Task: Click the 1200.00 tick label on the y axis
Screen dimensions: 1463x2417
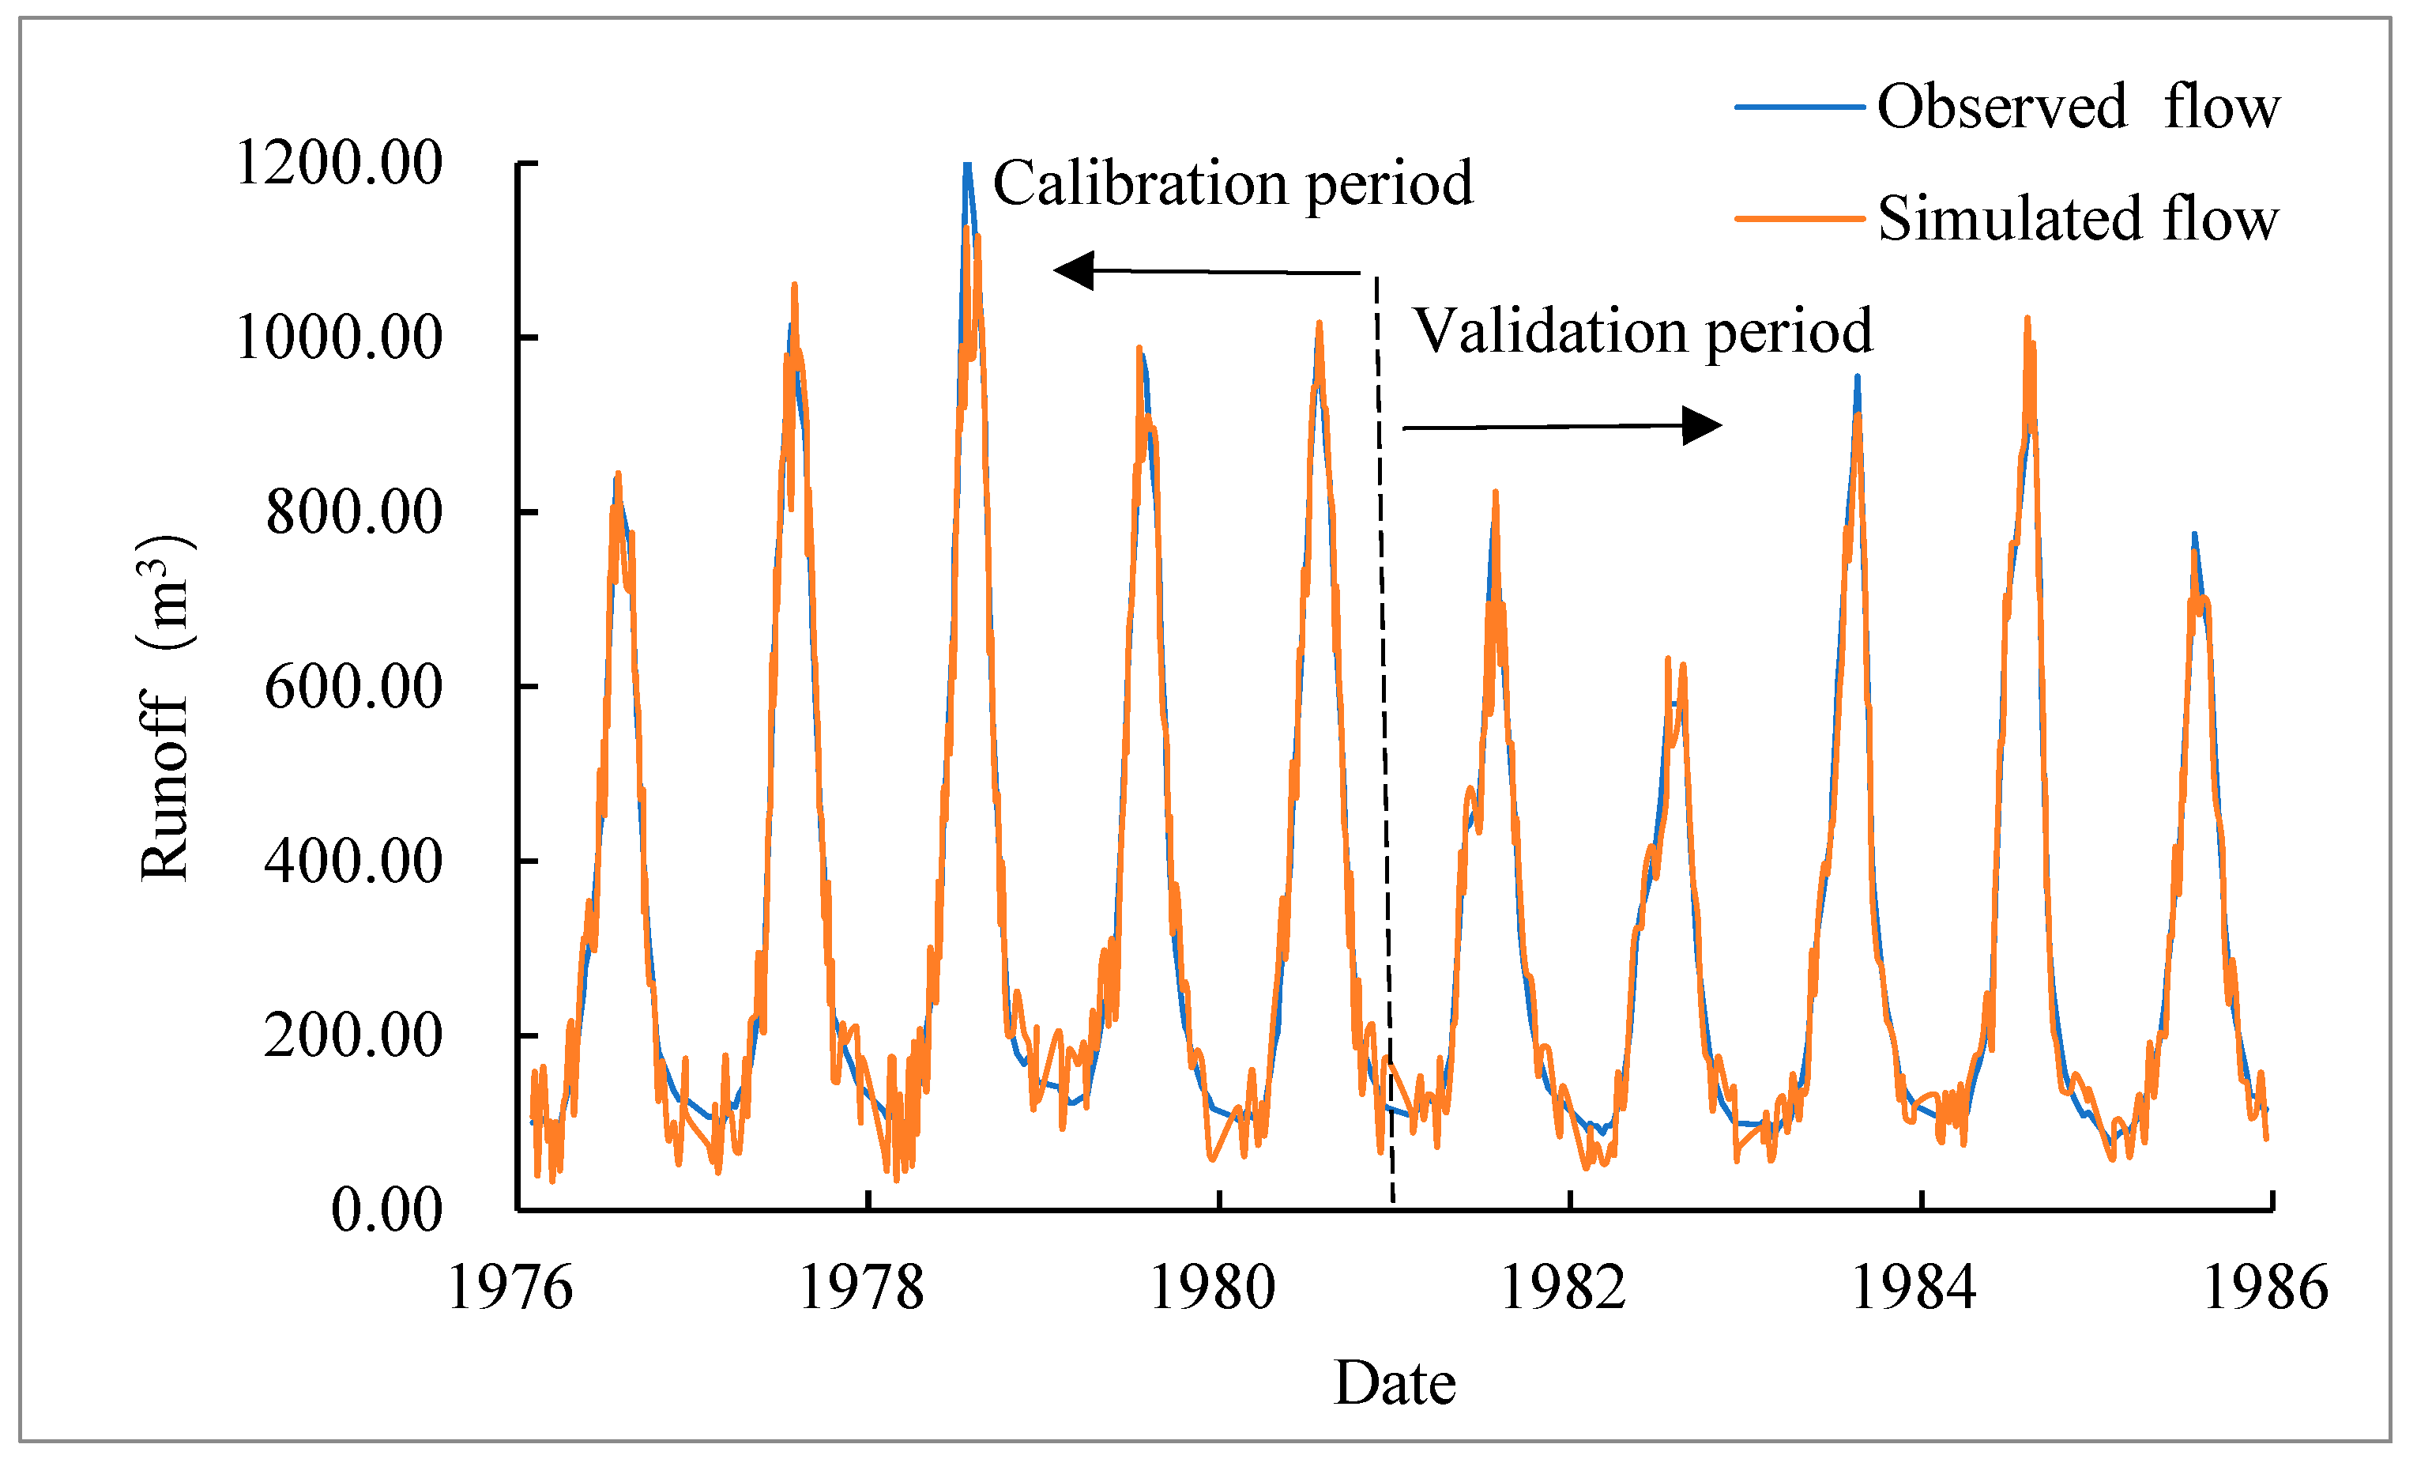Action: click(338, 163)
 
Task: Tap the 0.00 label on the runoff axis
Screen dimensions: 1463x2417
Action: click(386, 1210)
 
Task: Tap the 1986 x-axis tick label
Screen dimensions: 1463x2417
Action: click(2265, 1288)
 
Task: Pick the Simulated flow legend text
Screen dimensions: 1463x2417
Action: click(2077, 218)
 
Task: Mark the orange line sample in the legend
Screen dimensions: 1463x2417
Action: click(1799, 219)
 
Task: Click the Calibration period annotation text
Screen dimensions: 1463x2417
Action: click(1233, 183)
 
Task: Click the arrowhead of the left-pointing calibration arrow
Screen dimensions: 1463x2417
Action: click(1074, 270)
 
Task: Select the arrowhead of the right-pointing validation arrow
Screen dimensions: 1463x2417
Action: click(1702, 426)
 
